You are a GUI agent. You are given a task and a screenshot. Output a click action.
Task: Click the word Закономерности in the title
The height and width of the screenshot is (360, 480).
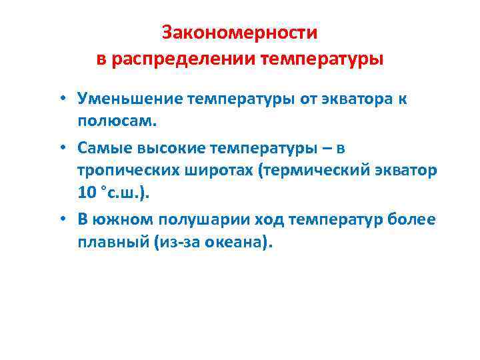point(240,33)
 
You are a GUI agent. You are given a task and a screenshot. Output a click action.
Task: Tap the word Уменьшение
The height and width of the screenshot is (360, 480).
point(131,99)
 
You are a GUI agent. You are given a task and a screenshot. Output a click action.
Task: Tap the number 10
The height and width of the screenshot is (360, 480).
point(87,194)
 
